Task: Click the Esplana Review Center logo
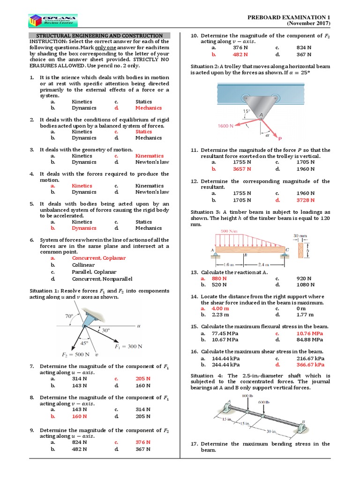(53, 20)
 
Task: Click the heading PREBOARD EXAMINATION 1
(289, 17)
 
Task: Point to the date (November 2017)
(308, 23)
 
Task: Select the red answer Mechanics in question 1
(149, 108)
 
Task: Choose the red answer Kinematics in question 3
(149, 156)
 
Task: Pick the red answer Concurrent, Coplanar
(99, 258)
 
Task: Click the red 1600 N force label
(226, 126)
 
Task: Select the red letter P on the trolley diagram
(280, 139)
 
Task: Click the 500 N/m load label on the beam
(229, 232)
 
